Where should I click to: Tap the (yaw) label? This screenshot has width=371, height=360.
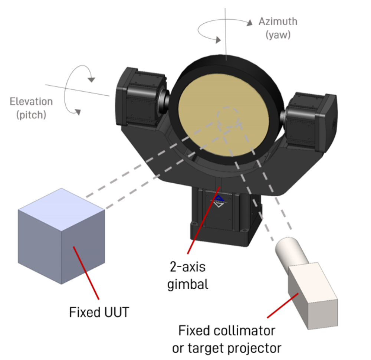pyautogui.click(x=278, y=35)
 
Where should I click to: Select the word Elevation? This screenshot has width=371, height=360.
pyautogui.click(x=31, y=101)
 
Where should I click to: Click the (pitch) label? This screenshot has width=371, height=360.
pyautogui.click(x=31, y=115)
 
